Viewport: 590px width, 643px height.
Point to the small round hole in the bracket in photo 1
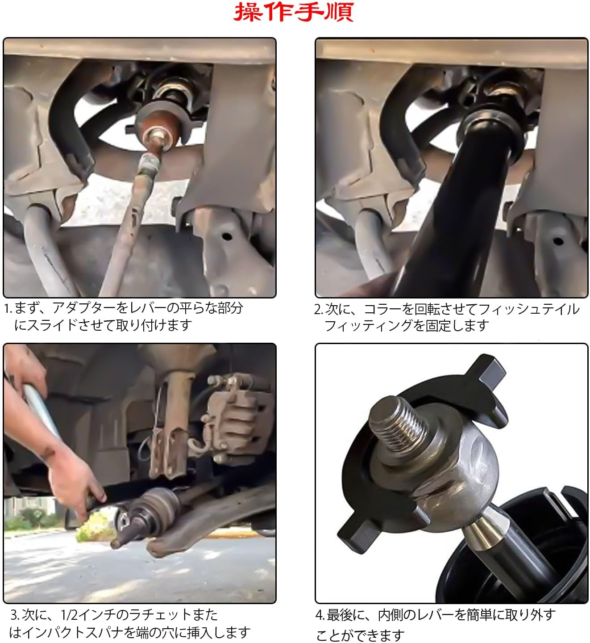pos(227,236)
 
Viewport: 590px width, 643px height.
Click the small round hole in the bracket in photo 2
pos(558,241)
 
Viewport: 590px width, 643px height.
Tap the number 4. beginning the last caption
pos(320,615)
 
